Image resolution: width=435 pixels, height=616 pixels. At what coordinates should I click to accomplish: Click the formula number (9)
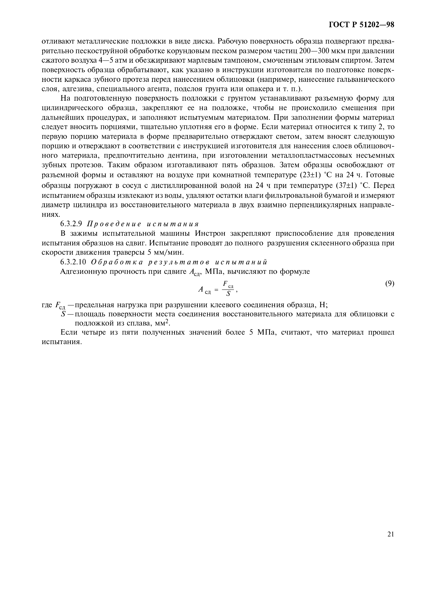pos(389,284)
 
